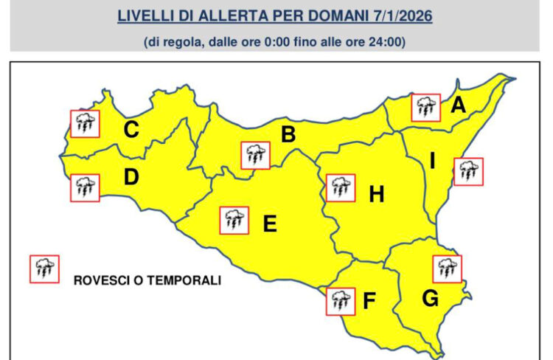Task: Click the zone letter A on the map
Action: [x=458, y=106]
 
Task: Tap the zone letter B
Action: [x=288, y=134]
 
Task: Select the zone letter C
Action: [x=131, y=131]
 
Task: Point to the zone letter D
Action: [x=132, y=178]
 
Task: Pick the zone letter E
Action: [x=270, y=223]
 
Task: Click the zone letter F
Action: [x=370, y=301]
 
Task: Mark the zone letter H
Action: [x=377, y=195]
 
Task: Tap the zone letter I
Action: [x=433, y=160]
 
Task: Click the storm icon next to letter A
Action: [x=425, y=108]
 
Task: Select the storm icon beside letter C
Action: [x=85, y=124]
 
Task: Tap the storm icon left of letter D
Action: [x=85, y=187]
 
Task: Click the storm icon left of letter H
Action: [x=340, y=187]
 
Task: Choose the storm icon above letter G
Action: [x=445, y=269]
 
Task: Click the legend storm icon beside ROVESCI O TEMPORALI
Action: [x=44, y=269]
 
